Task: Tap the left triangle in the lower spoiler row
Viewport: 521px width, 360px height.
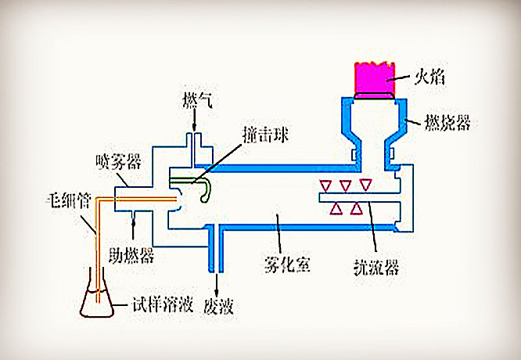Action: (337, 207)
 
